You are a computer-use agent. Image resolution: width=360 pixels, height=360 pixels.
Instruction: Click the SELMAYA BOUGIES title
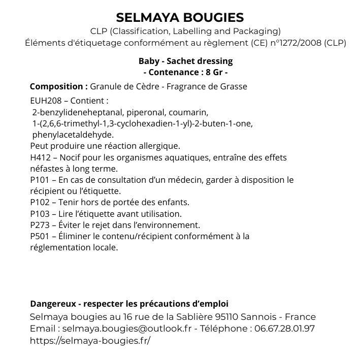click(x=180, y=18)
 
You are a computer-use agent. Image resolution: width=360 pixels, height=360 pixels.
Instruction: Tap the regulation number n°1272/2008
click(x=289, y=43)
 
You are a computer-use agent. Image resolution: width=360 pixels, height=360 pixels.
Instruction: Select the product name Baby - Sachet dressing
click(x=185, y=61)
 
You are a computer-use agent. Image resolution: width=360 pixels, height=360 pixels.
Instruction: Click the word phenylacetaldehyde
click(x=73, y=135)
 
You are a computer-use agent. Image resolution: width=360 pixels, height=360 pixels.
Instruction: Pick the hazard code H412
click(x=41, y=157)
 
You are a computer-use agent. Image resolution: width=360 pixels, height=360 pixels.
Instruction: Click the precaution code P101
click(x=40, y=180)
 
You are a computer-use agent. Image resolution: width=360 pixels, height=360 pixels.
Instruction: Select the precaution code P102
click(x=40, y=202)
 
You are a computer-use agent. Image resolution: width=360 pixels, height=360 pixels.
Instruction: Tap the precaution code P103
click(x=40, y=214)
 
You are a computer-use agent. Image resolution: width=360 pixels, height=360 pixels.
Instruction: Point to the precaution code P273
click(x=40, y=225)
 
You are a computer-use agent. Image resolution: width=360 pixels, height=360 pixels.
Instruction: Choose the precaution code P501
click(x=40, y=236)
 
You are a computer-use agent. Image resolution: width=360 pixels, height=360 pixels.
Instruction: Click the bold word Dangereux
click(x=53, y=304)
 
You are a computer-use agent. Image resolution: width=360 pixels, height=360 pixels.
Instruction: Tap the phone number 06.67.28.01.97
click(x=284, y=329)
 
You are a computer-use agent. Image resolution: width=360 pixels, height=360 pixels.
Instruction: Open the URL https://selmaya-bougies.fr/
click(x=90, y=340)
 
